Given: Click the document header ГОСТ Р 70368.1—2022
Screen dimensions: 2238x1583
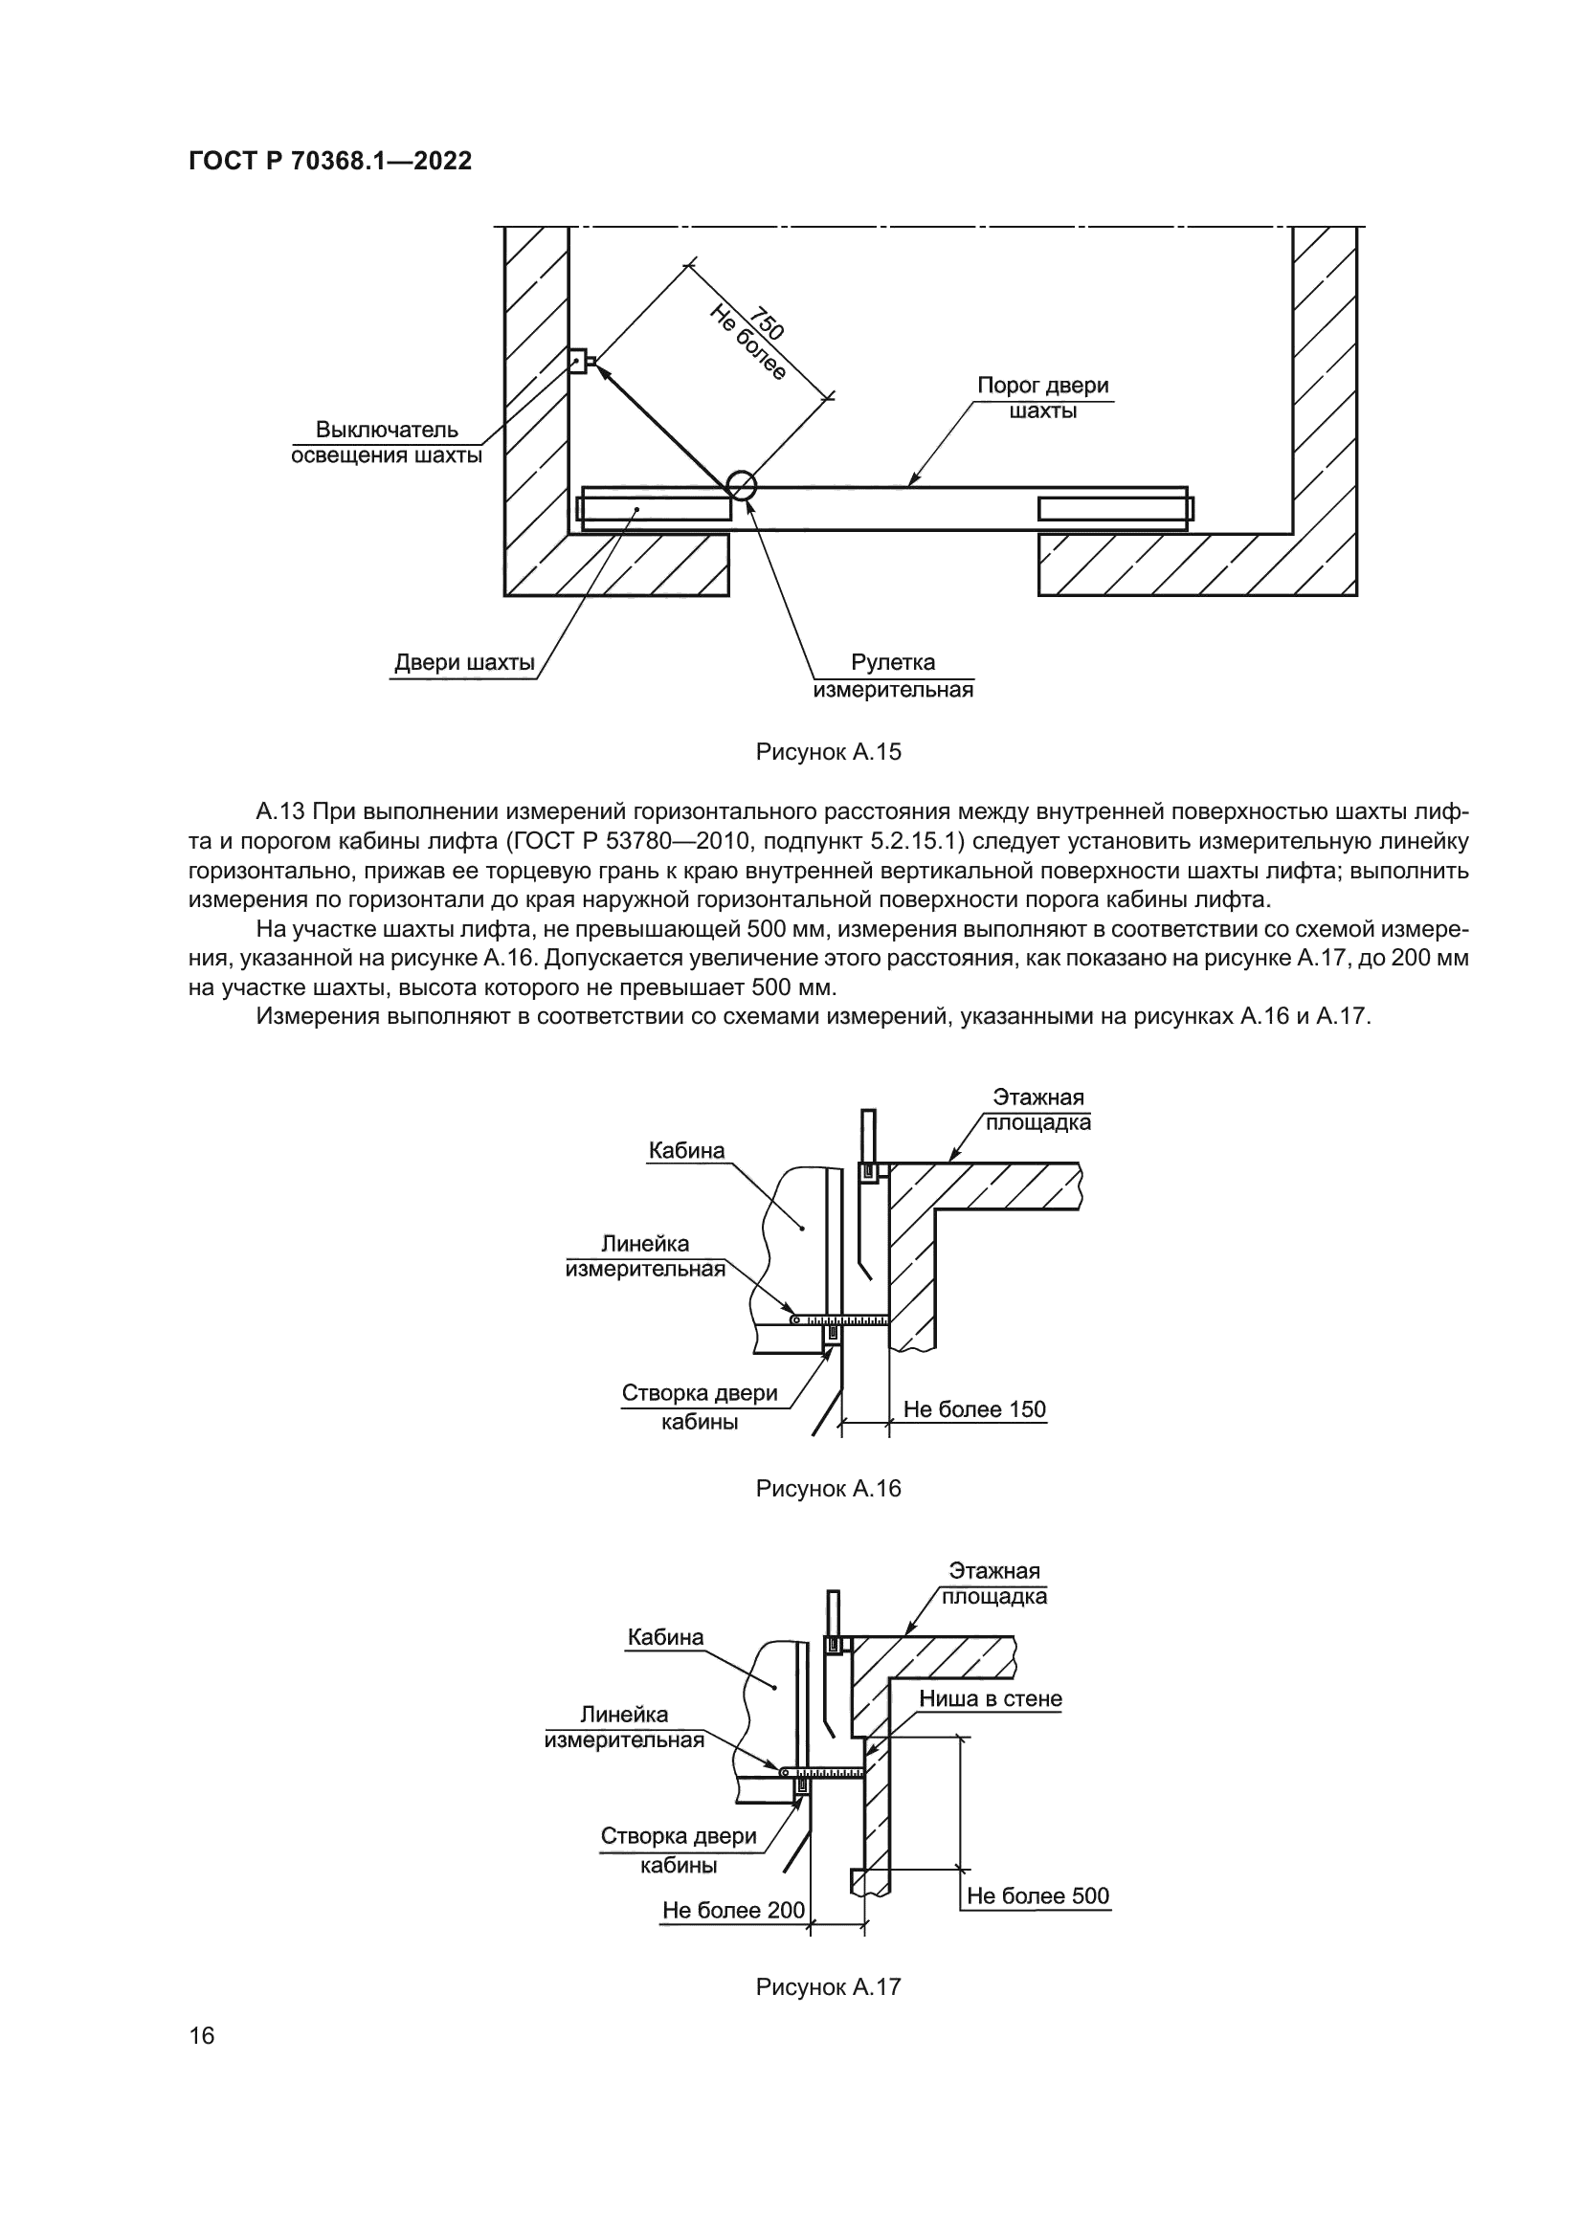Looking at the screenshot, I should (x=329, y=161).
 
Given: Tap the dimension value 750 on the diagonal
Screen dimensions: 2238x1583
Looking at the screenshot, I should (x=767, y=323).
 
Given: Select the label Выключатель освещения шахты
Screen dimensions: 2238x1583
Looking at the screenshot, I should (x=387, y=443).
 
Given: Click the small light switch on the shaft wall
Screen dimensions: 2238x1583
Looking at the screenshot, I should (x=579, y=361).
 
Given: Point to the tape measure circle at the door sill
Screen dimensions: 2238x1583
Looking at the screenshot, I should (x=741, y=484).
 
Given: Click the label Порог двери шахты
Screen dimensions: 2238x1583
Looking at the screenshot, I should (x=1043, y=398).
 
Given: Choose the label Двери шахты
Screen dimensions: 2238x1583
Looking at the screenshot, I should (x=464, y=664).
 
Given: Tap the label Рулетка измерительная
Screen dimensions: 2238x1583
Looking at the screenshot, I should (x=893, y=676).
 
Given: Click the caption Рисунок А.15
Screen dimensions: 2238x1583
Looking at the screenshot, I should (x=829, y=751).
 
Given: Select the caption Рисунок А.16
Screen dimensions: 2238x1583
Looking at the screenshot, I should (x=829, y=1516).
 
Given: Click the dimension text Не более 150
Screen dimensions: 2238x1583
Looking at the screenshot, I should (x=973, y=1409).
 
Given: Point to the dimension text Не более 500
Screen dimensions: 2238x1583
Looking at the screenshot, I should (x=1038, y=1895).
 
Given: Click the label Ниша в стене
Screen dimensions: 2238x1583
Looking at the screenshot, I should (x=991, y=1699).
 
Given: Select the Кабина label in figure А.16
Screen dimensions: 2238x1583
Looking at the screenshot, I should (x=687, y=1151).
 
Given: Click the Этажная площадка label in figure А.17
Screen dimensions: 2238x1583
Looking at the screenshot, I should (x=994, y=1584).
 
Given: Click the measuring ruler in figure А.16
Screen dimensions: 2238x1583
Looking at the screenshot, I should (x=839, y=1320).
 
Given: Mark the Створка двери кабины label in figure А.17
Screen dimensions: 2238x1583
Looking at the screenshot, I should (x=679, y=1851).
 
